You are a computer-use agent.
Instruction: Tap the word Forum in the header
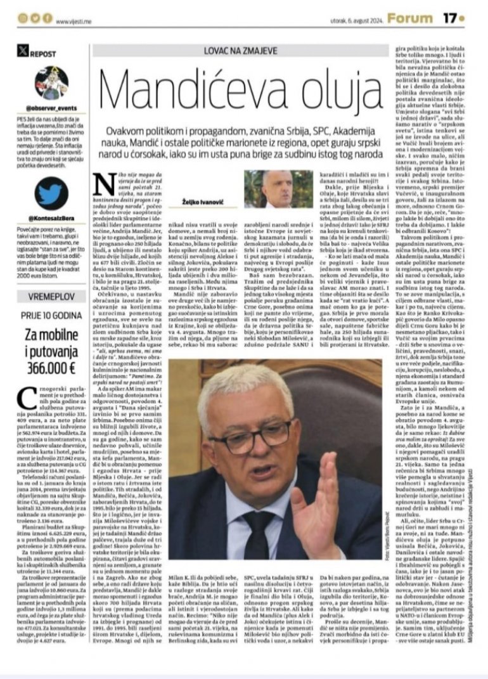(409, 18)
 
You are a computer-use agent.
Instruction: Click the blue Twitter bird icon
(52, 193)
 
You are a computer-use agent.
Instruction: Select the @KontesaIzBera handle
(52, 216)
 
